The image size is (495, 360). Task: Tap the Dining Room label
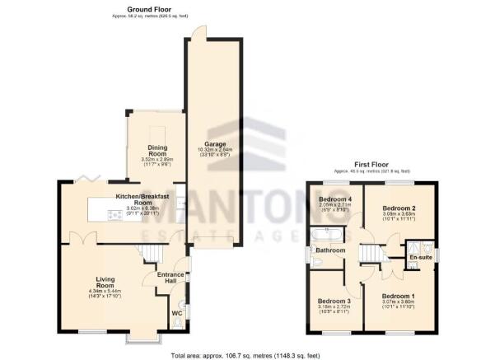(x=157, y=151)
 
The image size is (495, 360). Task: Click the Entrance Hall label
(x=171, y=277)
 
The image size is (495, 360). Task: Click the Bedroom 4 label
(x=334, y=200)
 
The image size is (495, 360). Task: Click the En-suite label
(x=421, y=257)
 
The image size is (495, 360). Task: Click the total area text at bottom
(x=247, y=354)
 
